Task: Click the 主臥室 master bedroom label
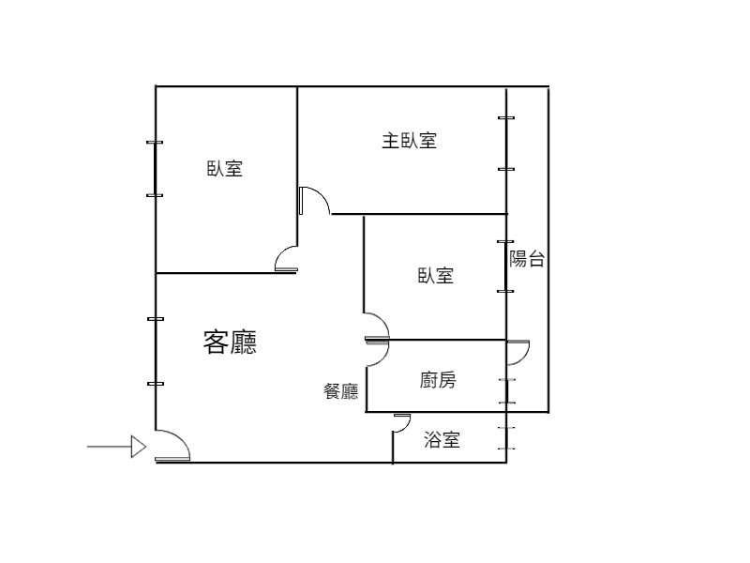click(x=409, y=141)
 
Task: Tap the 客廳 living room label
click(x=230, y=342)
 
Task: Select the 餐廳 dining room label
click(x=341, y=391)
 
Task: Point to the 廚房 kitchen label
click(x=438, y=380)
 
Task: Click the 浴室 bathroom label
click(x=442, y=440)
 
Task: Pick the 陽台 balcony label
click(x=527, y=259)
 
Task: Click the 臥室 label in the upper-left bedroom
click(x=225, y=169)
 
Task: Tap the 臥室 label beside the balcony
click(x=436, y=276)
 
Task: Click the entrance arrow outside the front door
click(x=116, y=447)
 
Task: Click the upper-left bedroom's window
click(x=155, y=169)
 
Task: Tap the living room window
click(x=156, y=351)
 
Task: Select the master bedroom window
click(x=506, y=144)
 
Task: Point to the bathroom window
click(x=506, y=438)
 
